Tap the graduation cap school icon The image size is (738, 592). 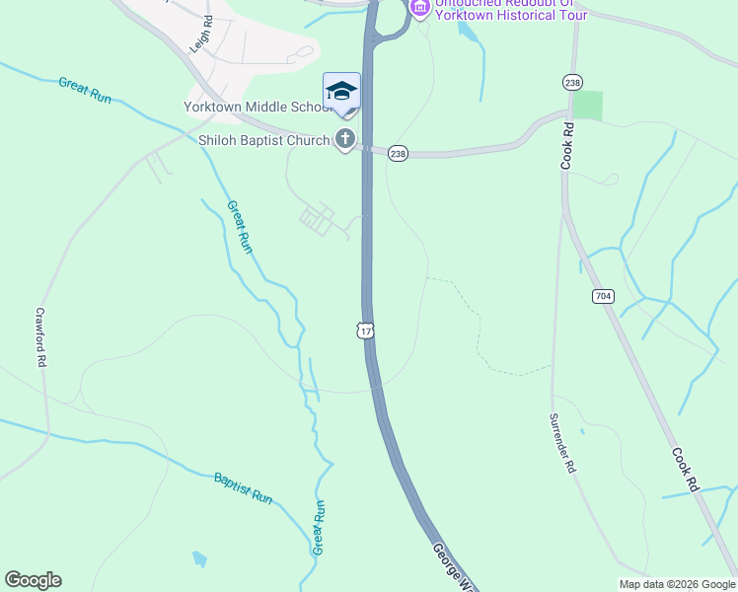(341, 92)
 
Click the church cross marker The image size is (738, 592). (344, 139)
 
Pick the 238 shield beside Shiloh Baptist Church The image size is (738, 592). (398, 155)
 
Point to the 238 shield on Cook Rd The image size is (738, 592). (571, 82)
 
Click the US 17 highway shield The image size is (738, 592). (366, 331)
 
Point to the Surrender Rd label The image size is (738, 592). (562, 442)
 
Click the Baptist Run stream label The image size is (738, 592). (243, 488)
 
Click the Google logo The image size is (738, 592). (33, 580)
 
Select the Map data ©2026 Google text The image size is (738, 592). (676, 584)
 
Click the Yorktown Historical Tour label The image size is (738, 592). (511, 14)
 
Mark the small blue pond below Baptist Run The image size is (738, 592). (200, 559)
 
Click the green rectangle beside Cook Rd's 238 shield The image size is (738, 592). (587, 105)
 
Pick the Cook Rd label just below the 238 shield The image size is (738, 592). (567, 146)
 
